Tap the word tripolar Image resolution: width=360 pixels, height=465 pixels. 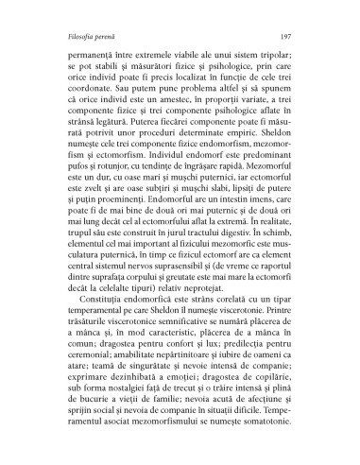click(285, 45)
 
